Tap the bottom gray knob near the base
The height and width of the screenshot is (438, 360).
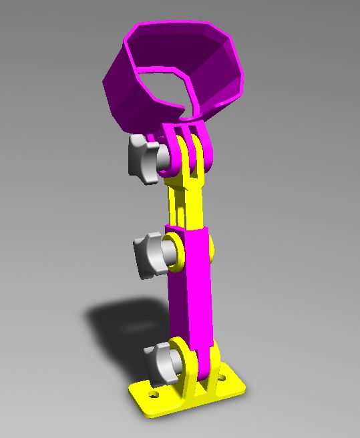pyautogui.click(x=160, y=361)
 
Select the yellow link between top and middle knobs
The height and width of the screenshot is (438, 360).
pyautogui.click(x=187, y=200)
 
